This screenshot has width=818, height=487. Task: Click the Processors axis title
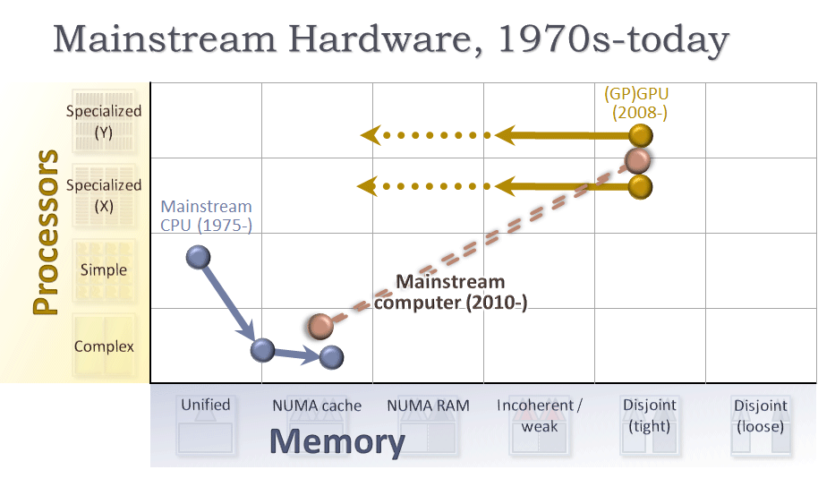pos(46,232)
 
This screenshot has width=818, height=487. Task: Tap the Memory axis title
pos(337,441)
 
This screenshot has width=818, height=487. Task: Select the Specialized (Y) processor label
pos(104,121)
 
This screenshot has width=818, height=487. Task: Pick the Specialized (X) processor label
pos(104,195)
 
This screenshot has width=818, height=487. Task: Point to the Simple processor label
pos(104,269)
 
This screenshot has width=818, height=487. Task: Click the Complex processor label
pos(104,346)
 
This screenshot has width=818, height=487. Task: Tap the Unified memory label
pos(206,405)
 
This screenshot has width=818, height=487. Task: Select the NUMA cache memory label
pos(317,406)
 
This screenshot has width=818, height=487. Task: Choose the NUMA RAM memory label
pos(428,406)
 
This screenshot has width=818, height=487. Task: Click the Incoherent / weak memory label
pos(540,415)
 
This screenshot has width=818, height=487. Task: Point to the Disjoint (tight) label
pos(650,415)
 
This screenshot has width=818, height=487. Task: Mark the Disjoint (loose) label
pos(761,415)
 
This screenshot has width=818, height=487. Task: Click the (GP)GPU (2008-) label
pos(637,103)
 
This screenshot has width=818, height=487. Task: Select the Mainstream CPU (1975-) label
pos(206,216)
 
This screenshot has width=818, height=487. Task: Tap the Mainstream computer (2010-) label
pos(451,292)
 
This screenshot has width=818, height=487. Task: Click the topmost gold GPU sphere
pos(641,136)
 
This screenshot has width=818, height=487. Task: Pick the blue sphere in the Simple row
pos(199,257)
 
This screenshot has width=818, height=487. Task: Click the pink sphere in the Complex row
pos(320,326)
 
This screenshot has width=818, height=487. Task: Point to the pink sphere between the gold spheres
pos(637,161)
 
